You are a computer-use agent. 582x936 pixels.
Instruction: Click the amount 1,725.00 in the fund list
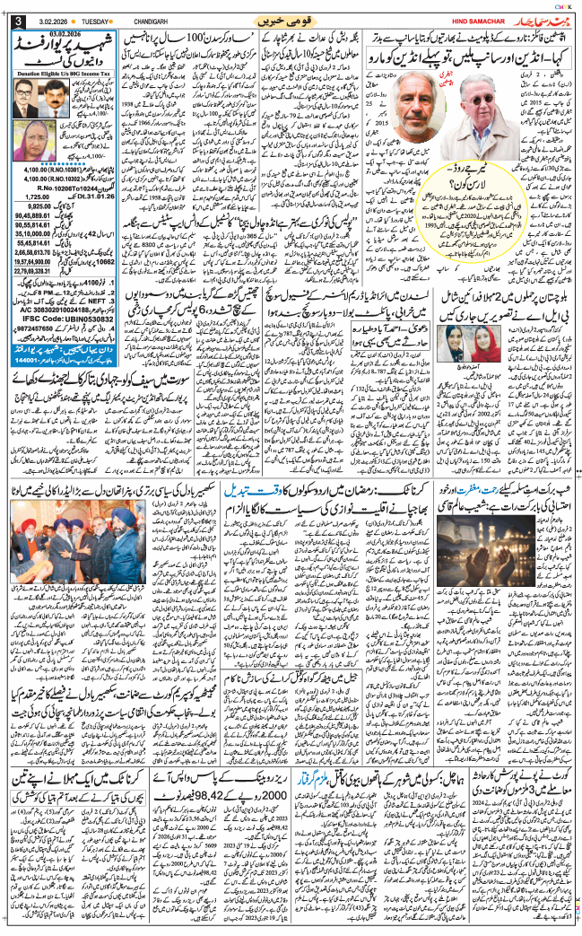coord(33,195)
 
